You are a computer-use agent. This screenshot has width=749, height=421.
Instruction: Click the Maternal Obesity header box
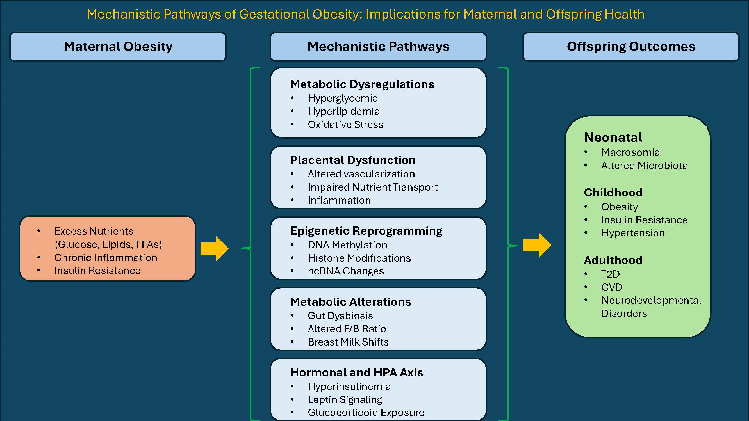(x=118, y=47)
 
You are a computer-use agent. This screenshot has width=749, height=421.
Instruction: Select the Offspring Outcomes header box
(x=631, y=47)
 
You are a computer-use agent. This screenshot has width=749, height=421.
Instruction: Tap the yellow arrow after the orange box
(x=215, y=249)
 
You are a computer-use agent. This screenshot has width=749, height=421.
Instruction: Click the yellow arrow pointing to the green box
(x=537, y=245)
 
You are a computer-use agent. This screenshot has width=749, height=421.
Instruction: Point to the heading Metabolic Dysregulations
(x=362, y=84)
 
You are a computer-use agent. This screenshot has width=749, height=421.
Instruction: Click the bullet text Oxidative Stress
(x=345, y=125)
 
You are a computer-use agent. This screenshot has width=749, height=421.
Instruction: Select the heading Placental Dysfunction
(x=353, y=160)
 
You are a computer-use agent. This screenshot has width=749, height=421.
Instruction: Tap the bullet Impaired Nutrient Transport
(x=372, y=187)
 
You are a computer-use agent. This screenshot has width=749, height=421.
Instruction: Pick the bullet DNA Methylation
(x=347, y=245)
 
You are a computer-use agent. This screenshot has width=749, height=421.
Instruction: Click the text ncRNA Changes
(x=346, y=271)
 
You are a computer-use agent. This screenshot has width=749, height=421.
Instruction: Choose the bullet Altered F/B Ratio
(x=347, y=329)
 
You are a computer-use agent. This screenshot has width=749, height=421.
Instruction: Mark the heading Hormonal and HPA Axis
(x=356, y=372)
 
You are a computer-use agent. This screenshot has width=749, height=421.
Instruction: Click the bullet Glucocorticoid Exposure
(x=366, y=413)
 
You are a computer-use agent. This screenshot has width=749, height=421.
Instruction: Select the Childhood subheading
(x=613, y=193)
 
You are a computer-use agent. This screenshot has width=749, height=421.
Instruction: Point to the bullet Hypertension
(x=633, y=233)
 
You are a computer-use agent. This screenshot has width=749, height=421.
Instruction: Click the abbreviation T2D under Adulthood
(x=610, y=274)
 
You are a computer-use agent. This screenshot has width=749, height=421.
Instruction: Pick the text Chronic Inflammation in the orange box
(x=106, y=258)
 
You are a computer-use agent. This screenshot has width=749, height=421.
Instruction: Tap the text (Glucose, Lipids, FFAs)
(x=108, y=244)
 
